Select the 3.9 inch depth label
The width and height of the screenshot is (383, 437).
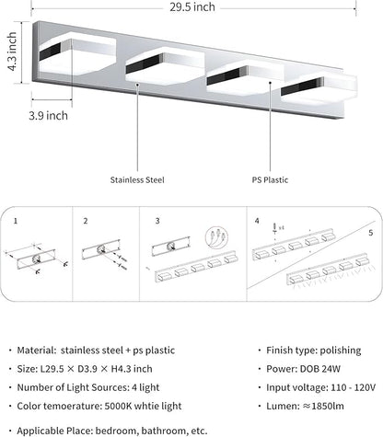coord(47,116)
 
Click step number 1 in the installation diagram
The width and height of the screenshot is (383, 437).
coord(16,221)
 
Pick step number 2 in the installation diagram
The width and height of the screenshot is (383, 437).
coord(85,221)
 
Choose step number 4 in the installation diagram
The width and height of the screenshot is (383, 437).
coord(258,221)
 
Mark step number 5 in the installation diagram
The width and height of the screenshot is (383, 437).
coord(370,233)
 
